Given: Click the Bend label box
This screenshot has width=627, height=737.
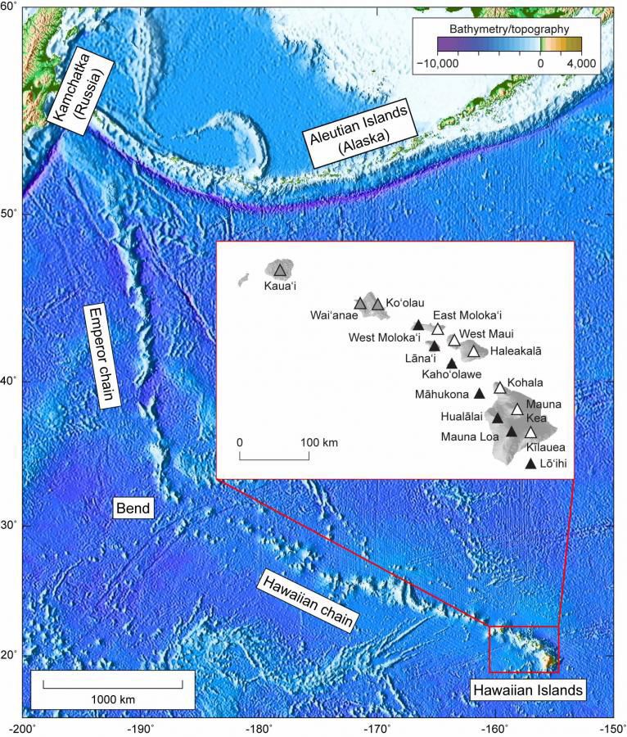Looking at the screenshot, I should tap(132, 509).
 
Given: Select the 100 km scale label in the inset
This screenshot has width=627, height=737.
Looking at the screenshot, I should tap(314, 443).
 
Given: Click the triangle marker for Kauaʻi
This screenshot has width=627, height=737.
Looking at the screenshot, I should tap(281, 270).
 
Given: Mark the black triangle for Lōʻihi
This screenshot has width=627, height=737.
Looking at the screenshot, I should tap(530, 464).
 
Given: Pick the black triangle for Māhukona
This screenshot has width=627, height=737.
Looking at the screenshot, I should tap(480, 393).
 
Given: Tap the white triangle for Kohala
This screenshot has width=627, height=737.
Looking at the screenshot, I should tap(499, 387).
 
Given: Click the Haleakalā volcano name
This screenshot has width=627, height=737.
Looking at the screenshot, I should tap(516, 350).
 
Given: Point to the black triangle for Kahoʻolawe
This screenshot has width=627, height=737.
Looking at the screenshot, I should tap(451, 363).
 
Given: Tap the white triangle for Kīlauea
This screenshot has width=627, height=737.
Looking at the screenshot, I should tap(530, 432).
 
